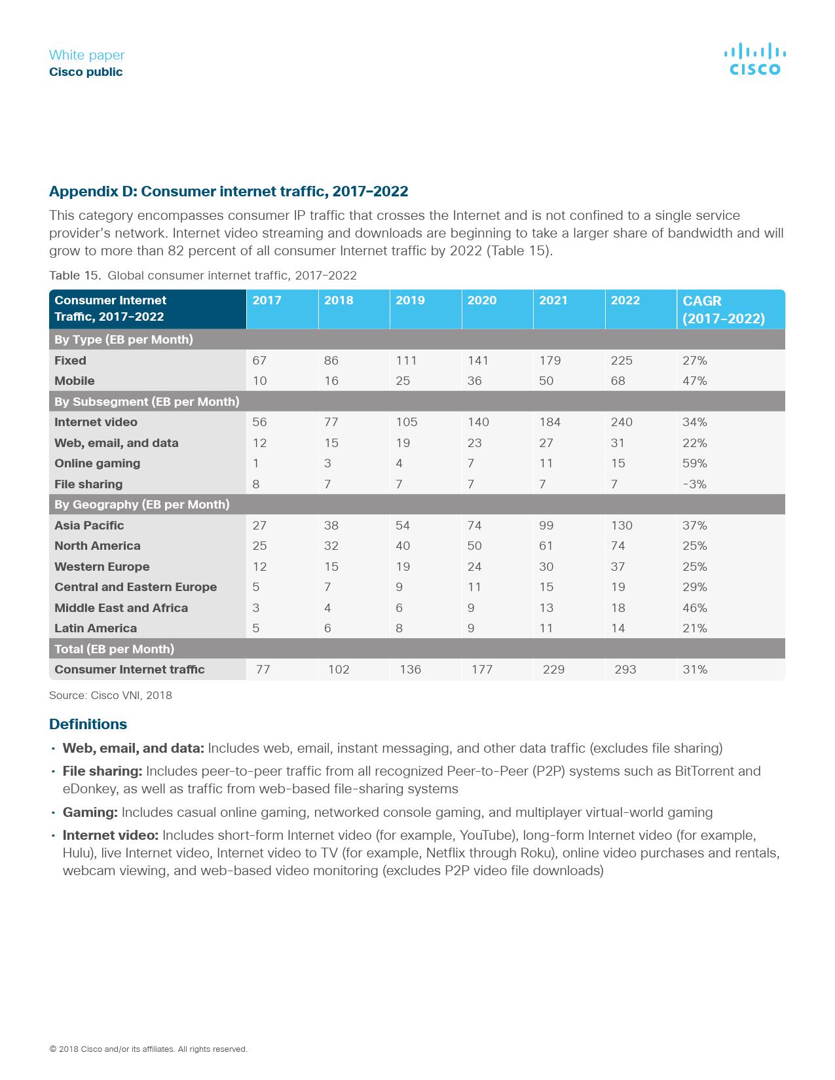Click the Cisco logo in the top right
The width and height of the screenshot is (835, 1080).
coord(754,60)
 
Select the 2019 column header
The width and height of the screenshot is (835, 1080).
coord(410,300)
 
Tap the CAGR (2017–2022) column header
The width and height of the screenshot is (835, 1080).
coord(723,310)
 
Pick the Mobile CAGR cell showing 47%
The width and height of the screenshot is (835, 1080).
coord(694,381)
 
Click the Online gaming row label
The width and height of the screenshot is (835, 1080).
coord(97,463)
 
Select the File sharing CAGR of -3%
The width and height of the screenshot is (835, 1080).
coord(694,484)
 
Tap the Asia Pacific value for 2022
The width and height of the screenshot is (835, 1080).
coord(622,526)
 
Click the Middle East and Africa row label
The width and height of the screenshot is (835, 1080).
coord(121,608)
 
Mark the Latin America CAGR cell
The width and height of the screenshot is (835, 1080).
coord(694,628)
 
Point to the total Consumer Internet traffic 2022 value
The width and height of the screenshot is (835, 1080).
coord(625,670)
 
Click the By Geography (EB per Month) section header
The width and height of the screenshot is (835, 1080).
coord(141,505)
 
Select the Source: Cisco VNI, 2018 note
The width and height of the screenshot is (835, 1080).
coord(110,695)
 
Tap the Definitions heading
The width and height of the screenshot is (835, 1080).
coord(88,724)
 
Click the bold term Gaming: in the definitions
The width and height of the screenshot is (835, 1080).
coord(90,812)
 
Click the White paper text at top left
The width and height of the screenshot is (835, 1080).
coord(86,55)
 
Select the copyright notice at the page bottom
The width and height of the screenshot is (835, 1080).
coord(148,1049)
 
